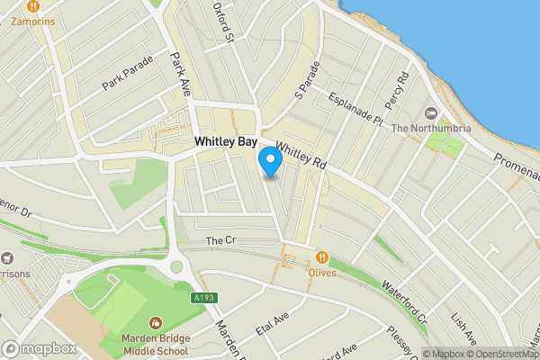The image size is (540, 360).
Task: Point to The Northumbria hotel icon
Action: (x=430, y=113)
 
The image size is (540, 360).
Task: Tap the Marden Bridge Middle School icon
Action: (x=156, y=321)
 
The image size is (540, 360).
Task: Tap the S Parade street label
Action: (x=307, y=80)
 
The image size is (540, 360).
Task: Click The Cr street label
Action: (x=220, y=240)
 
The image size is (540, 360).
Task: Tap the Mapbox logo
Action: (x=39, y=348)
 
